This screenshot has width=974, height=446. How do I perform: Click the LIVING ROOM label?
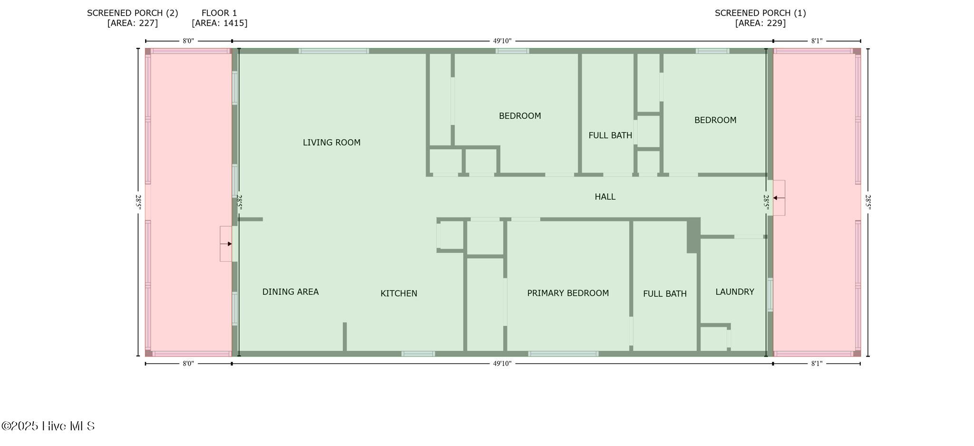click(331, 142)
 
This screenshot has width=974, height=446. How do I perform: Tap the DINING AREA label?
click(291, 292)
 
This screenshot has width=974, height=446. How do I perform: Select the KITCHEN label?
click(399, 293)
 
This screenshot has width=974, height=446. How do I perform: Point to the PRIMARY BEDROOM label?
click(568, 293)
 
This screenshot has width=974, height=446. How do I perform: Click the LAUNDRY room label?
click(735, 291)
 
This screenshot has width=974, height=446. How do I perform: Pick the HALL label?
click(605, 196)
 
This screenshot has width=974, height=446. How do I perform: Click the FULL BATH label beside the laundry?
click(665, 294)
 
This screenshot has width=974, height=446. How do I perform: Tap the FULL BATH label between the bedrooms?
click(610, 136)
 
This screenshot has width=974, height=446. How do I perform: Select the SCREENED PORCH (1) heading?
click(760, 13)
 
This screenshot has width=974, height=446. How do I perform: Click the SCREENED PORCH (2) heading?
click(133, 13)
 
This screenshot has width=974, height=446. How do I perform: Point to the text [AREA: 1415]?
click(220, 23)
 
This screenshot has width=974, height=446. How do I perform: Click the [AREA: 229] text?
click(760, 23)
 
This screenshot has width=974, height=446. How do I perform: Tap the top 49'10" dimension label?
click(502, 41)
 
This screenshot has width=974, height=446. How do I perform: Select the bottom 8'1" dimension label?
click(817, 364)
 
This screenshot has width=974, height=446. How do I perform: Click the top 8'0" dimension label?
click(188, 41)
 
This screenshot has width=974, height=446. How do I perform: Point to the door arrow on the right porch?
click(779, 198)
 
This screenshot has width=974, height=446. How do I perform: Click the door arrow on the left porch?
click(226, 244)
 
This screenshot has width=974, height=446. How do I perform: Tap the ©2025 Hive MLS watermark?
click(48, 426)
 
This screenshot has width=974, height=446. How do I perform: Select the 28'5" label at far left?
click(138, 202)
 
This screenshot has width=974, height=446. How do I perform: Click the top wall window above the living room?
click(334, 51)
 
